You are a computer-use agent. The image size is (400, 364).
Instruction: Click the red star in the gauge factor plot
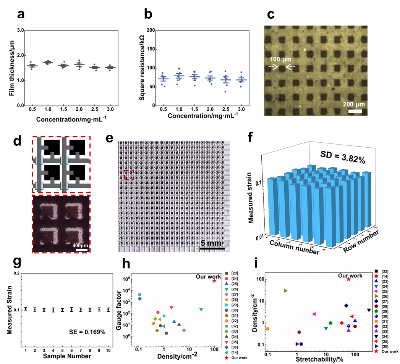[214, 281]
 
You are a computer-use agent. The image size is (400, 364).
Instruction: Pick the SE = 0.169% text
[87, 332]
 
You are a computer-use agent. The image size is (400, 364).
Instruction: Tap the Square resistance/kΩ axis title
[142, 68]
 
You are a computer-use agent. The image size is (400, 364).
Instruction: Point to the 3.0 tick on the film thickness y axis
[20, 30]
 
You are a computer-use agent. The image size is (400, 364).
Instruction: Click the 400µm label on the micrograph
[80, 245]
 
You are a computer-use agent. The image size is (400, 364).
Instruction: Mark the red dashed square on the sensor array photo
[129, 174]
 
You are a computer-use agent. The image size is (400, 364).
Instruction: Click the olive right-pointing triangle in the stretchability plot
[285, 291]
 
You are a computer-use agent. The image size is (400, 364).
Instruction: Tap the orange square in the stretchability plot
[267, 329]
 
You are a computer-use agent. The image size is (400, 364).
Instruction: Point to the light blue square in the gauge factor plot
[140, 295]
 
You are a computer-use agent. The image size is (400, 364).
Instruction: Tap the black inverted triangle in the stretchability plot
[369, 310]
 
